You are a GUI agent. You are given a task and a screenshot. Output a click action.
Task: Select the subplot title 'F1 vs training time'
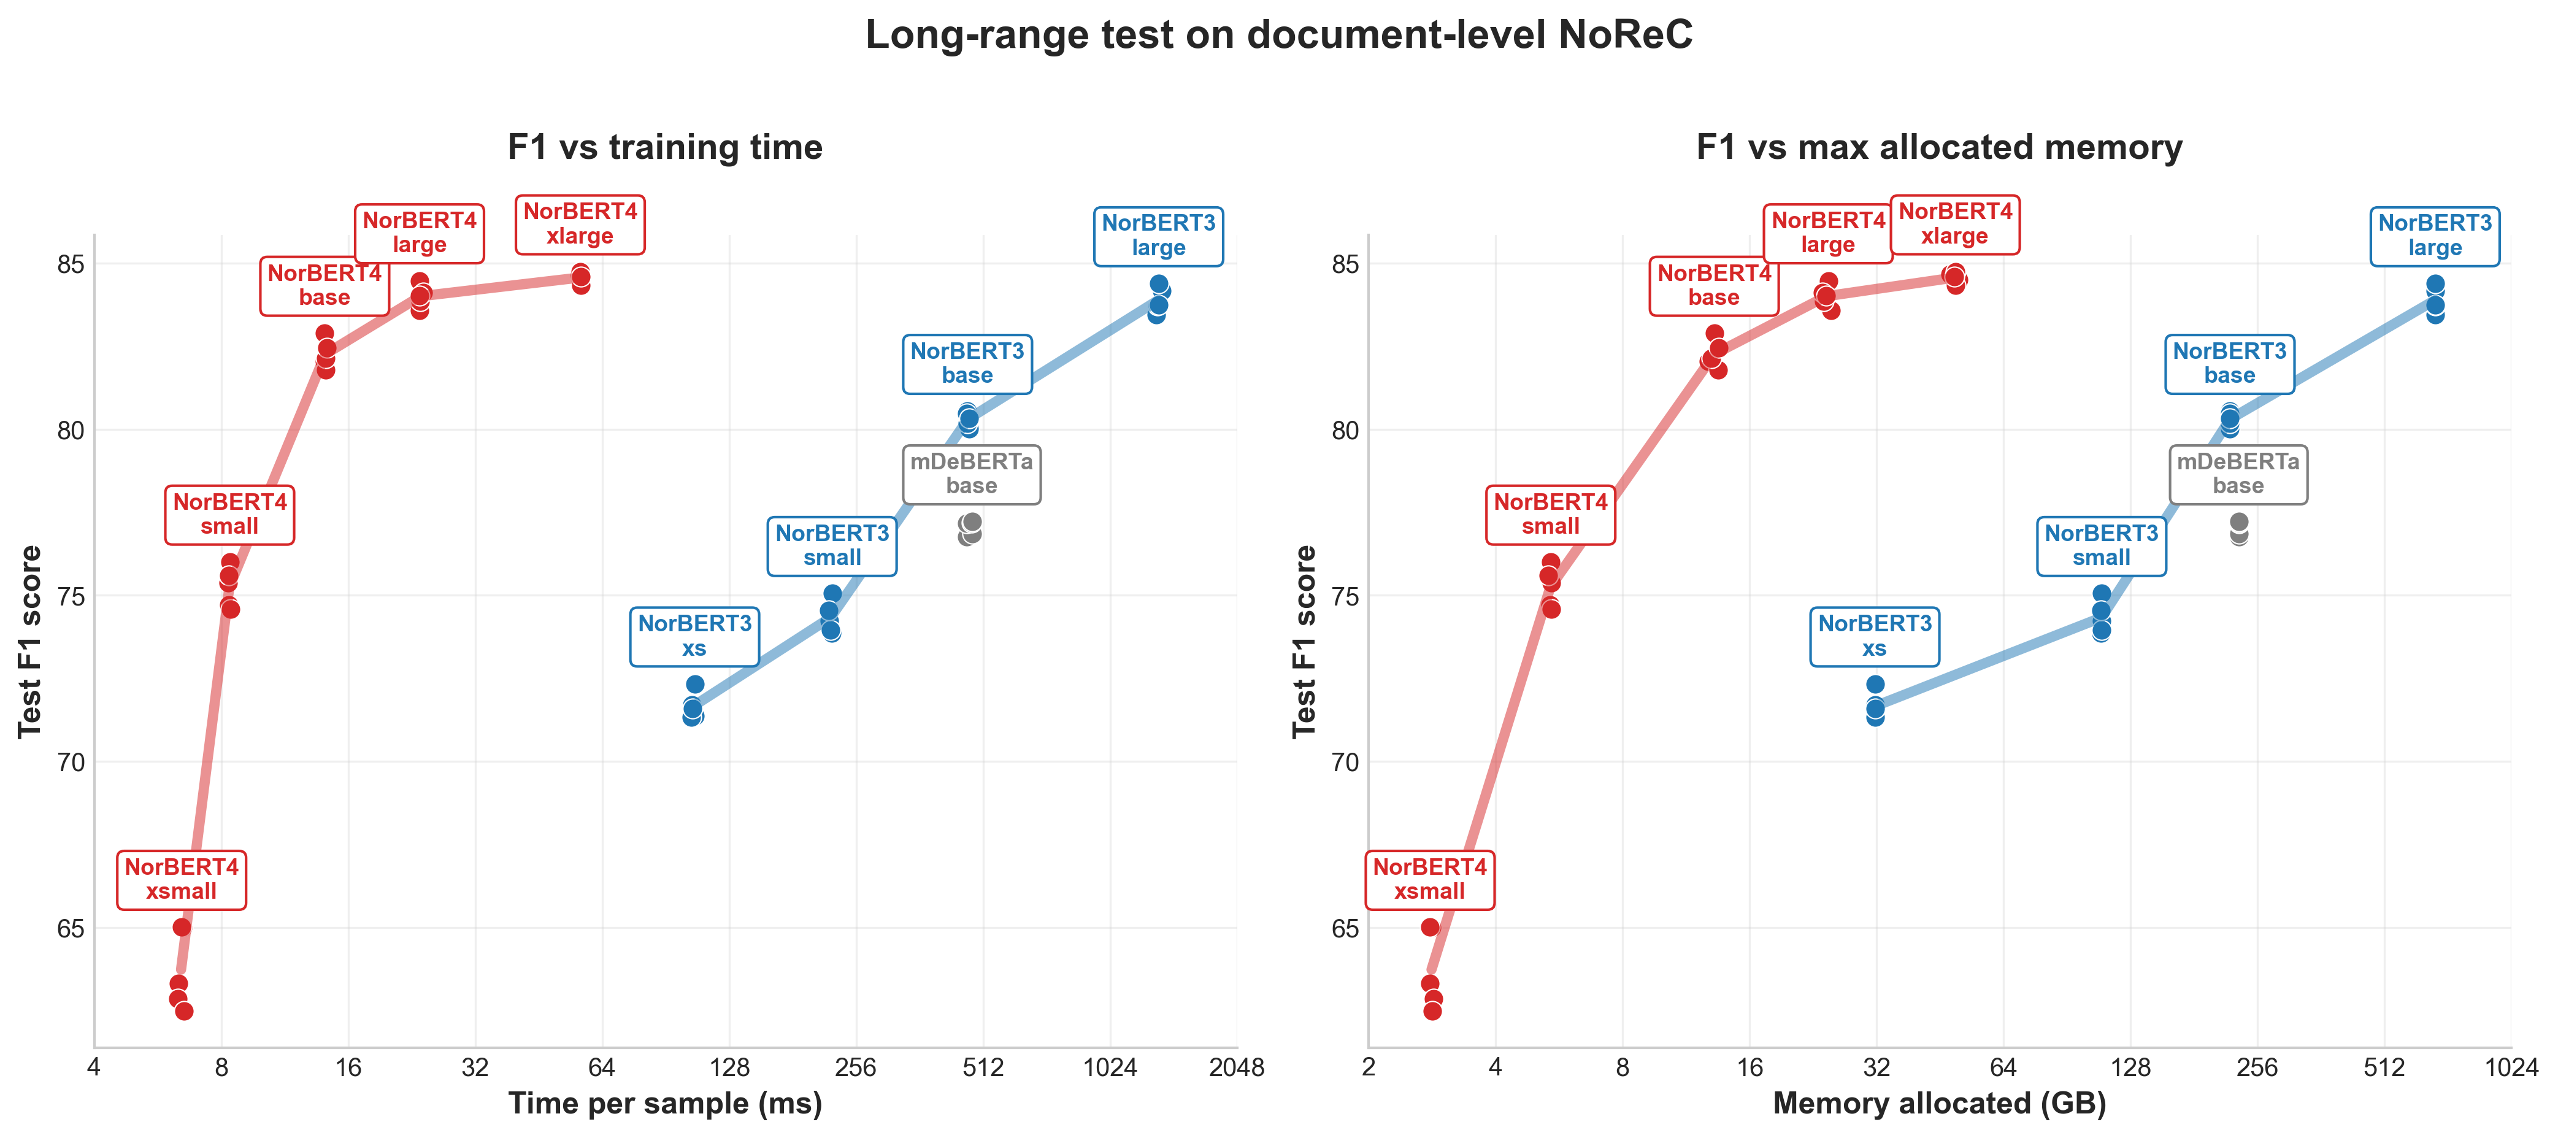(x=664, y=147)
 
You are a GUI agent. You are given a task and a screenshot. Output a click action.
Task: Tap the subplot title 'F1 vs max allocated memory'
(x=1938, y=147)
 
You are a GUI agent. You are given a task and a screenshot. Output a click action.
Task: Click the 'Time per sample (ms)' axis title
(x=664, y=1103)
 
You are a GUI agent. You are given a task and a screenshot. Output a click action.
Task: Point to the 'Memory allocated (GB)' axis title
(x=1938, y=1103)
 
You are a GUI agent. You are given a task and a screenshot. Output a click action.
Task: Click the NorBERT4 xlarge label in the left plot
(x=580, y=225)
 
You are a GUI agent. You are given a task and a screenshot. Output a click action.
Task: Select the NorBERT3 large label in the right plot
(x=2434, y=236)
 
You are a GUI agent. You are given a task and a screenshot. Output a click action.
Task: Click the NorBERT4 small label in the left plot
(x=229, y=514)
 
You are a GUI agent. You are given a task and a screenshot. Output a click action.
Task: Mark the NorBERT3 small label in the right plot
(x=2101, y=546)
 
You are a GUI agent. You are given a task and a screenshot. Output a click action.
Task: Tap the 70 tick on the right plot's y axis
(x=1345, y=763)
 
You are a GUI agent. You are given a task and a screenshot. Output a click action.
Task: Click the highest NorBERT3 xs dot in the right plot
(x=1875, y=684)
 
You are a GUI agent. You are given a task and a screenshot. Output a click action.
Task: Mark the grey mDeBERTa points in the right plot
(x=2239, y=528)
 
